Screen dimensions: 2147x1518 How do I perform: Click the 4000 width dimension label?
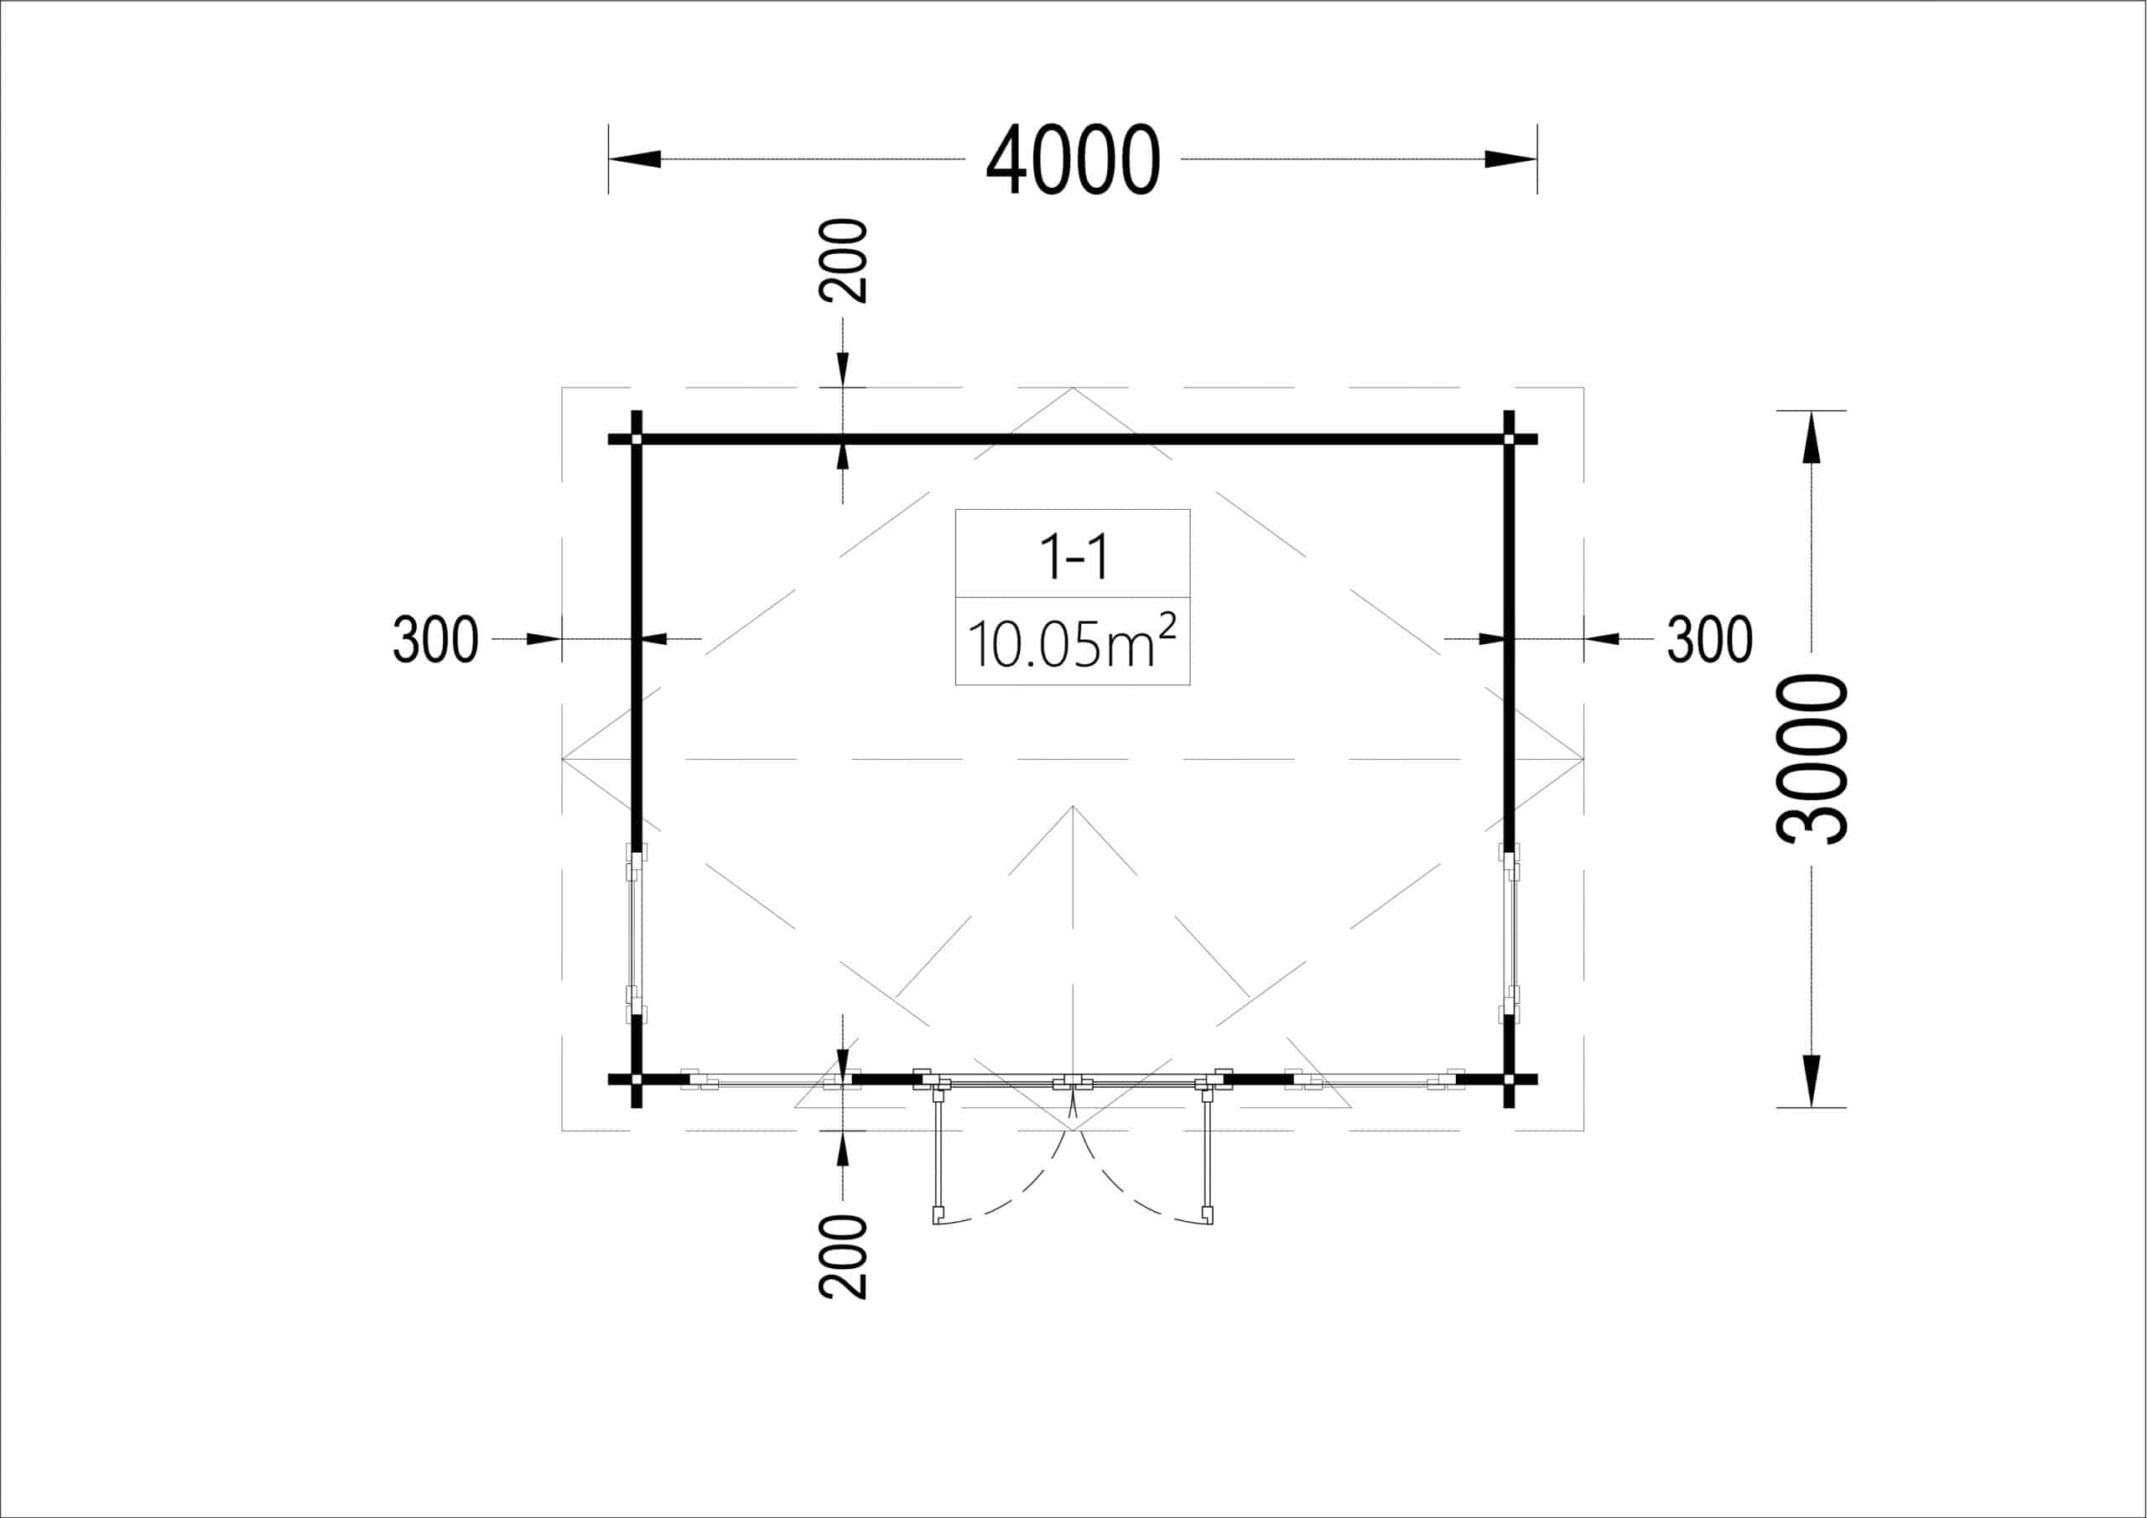[x=1073, y=159]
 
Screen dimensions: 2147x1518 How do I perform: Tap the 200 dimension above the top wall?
[x=843, y=261]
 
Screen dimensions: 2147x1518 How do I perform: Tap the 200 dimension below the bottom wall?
[x=843, y=1256]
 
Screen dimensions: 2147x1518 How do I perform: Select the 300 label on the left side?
[x=434, y=640]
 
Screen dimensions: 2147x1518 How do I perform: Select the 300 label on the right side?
[x=1709, y=640]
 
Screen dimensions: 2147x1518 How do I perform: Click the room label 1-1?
[x=1073, y=558]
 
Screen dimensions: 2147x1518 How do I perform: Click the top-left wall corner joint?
[x=637, y=439]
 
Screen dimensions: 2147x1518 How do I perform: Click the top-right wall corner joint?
[x=1508, y=439]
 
